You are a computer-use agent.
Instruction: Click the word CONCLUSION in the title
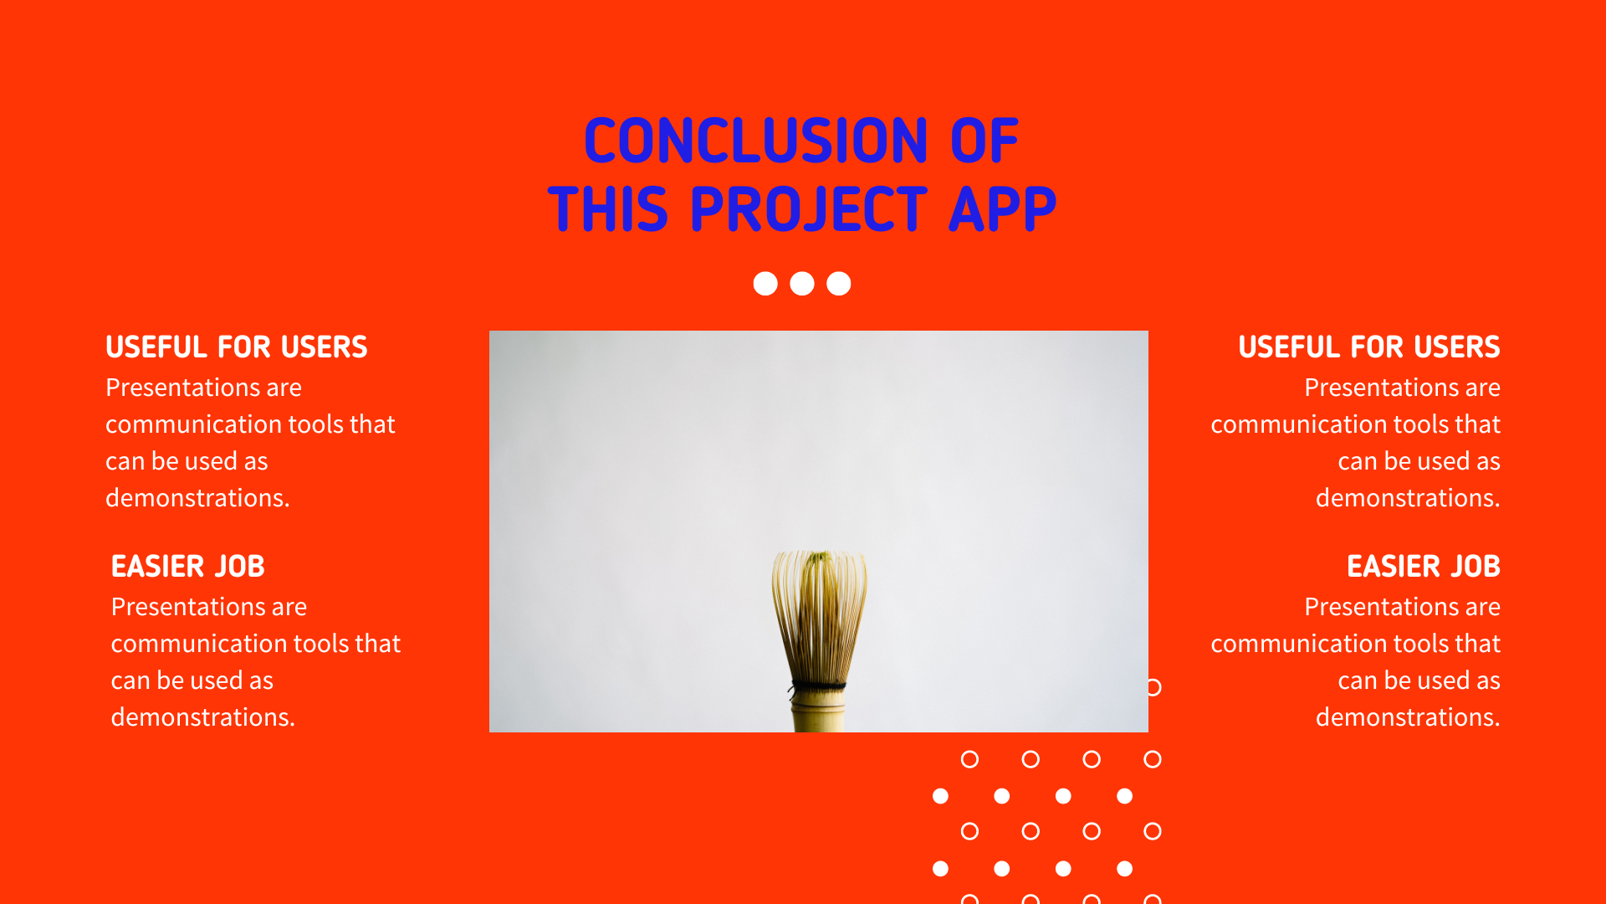(x=756, y=141)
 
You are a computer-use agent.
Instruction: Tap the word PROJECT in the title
(x=809, y=209)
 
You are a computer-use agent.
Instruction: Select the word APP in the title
(x=1003, y=209)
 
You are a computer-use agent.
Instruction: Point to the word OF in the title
(x=985, y=141)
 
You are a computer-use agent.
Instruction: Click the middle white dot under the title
(x=802, y=284)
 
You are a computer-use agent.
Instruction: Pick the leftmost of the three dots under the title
(x=765, y=284)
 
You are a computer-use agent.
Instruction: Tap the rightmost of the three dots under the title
(x=839, y=284)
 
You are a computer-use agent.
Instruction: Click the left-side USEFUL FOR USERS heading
(x=237, y=347)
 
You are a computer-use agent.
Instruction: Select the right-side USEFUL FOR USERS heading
(x=1369, y=347)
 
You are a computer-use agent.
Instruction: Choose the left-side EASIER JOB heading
(x=188, y=566)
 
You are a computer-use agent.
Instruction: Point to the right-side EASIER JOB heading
(x=1424, y=566)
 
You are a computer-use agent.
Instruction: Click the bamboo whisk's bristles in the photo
(x=820, y=615)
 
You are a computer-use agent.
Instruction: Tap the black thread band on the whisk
(x=818, y=687)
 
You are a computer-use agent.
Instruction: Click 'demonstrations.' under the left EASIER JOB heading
(x=203, y=717)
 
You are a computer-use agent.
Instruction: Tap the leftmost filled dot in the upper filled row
(x=941, y=796)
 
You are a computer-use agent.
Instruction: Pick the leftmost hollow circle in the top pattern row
(x=969, y=759)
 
